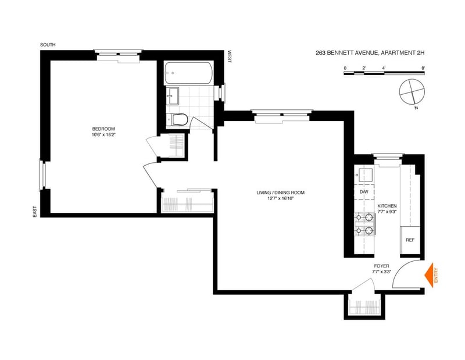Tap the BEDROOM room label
[103, 129]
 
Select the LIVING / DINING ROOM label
[281, 193]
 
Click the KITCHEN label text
[387, 206]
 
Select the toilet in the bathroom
[180, 120]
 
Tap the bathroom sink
[173, 94]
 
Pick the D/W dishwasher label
[364, 191]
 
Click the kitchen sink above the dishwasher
[366, 175]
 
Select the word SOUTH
[48, 45]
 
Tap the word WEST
[230, 56]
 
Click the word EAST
[35, 212]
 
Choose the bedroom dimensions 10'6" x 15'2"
[103, 135]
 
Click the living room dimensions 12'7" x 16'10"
[281, 199]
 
